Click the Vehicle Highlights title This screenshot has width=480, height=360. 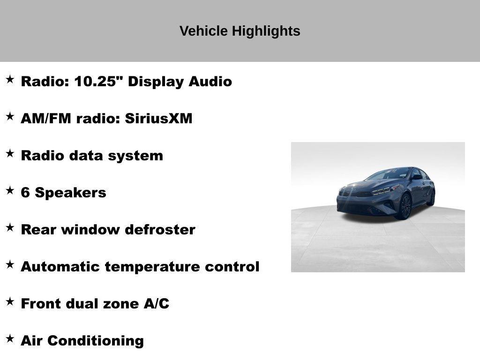pyautogui.click(x=240, y=31)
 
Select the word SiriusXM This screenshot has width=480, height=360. pyautogui.click(x=158, y=118)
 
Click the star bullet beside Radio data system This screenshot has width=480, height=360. pyautogui.click(x=10, y=153)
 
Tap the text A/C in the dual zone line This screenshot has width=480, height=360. pyautogui.click(x=156, y=304)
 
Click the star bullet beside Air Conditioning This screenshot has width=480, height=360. pyautogui.click(x=10, y=338)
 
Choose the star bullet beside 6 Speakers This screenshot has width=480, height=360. pyautogui.click(x=10, y=190)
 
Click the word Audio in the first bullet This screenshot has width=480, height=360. pyautogui.click(x=210, y=81)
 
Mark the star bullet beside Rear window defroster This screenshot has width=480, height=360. pyautogui.click(x=10, y=227)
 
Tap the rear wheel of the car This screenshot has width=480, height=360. pyautogui.click(x=431, y=198)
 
